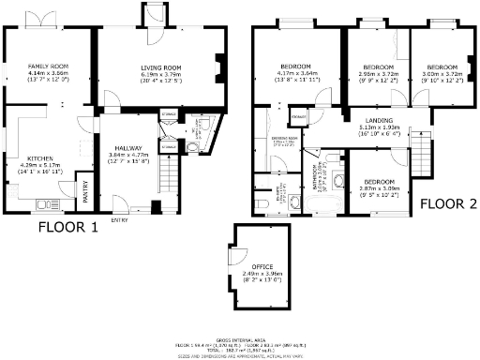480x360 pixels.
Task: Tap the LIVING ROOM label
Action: (x=160, y=68)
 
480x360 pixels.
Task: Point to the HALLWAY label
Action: (x=127, y=148)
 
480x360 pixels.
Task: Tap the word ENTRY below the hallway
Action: (x=119, y=220)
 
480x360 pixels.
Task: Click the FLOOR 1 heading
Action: (x=68, y=227)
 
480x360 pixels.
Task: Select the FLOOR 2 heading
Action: (x=448, y=203)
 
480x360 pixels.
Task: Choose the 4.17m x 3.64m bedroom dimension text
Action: (x=289, y=74)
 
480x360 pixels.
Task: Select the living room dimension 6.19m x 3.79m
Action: (x=160, y=74)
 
